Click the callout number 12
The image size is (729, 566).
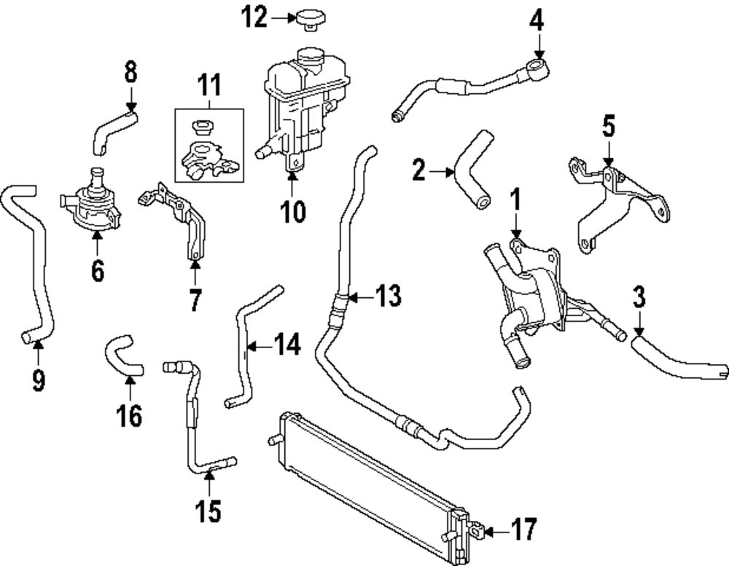click(254, 18)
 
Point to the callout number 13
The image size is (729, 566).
click(386, 296)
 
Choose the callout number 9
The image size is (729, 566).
click(38, 379)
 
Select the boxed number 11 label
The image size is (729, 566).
click(209, 88)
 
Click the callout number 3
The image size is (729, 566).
click(639, 297)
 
